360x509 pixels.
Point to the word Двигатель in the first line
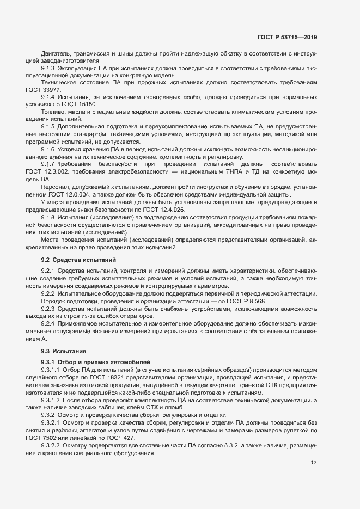click(x=57, y=53)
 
